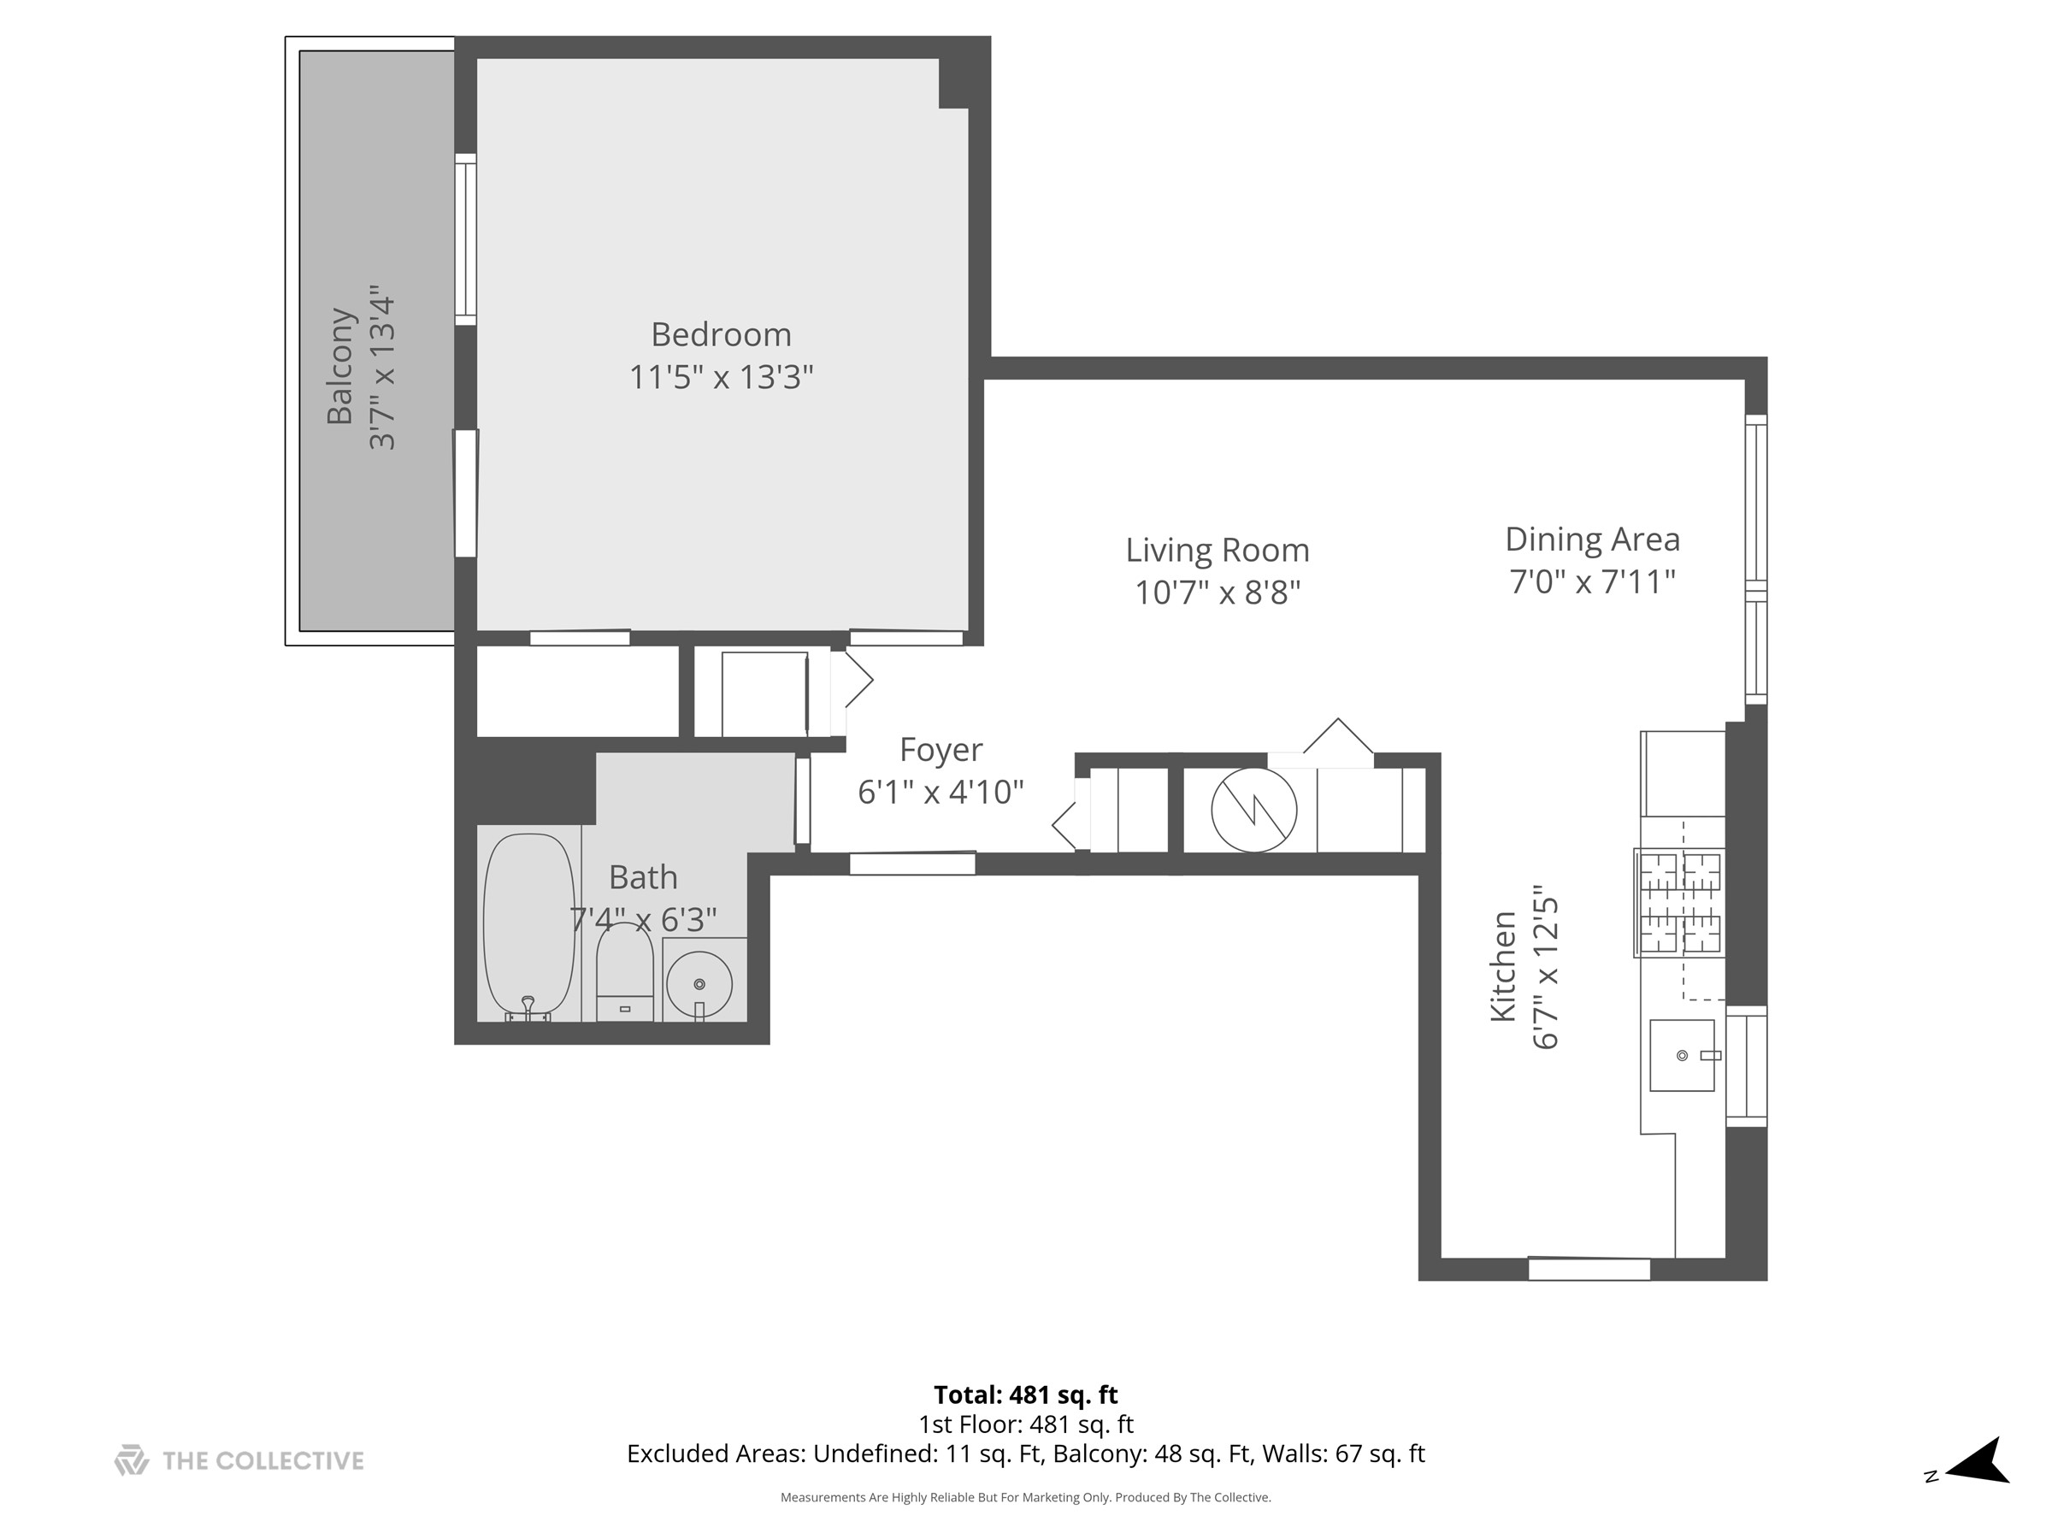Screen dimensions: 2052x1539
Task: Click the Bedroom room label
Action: click(x=721, y=334)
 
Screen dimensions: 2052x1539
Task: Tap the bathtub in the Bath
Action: click(x=528, y=926)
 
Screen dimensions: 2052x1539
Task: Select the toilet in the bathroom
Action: click(x=624, y=972)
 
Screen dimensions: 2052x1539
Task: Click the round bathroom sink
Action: click(x=699, y=983)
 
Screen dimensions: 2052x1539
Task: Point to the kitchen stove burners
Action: click(x=1680, y=903)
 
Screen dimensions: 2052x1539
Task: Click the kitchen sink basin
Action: click(x=1682, y=1055)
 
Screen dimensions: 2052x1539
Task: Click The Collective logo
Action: click(x=239, y=1461)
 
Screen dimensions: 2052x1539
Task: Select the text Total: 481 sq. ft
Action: click(x=1025, y=1395)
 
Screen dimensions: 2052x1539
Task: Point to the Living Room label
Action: click(x=1218, y=550)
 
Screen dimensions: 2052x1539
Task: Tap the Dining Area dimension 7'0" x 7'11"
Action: click(x=1592, y=581)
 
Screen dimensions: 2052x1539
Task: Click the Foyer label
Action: click(x=940, y=750)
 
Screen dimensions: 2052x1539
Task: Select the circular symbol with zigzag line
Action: click(x=1254, y=809)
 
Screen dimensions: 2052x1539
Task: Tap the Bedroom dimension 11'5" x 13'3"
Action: click(x=721, y=377)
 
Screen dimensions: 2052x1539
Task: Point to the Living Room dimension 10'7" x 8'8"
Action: click(x=1218, y=592)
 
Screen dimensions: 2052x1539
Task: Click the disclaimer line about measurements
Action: click(x=1025, y=1496)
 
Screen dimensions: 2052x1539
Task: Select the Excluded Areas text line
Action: click(x=1025, y=1453)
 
